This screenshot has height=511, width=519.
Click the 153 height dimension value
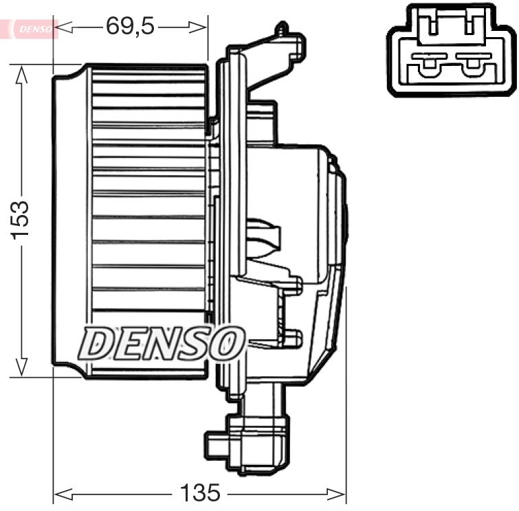click(21, 220)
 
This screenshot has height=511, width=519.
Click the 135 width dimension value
click(200, 492)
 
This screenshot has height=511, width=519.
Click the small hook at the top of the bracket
click(280, 29)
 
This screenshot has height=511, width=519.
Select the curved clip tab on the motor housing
click(265, 234)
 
